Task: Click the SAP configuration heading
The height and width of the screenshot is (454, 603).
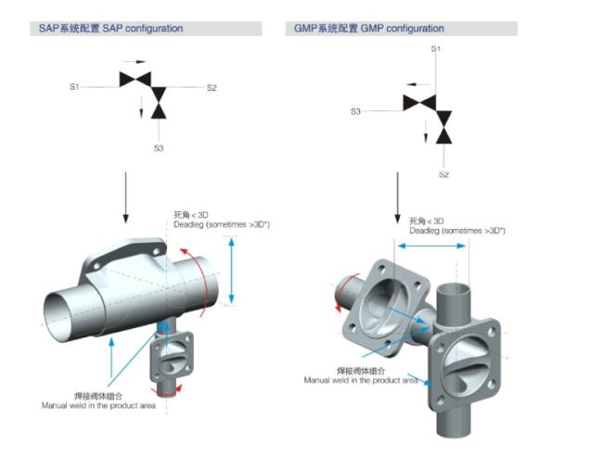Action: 110,29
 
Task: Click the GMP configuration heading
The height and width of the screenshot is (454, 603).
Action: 369,29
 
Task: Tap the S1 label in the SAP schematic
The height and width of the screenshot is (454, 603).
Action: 74,87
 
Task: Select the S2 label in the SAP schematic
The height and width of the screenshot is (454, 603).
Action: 212,88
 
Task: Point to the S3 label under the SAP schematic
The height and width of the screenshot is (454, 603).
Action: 159,148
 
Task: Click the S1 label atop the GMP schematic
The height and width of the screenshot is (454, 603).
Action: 436,49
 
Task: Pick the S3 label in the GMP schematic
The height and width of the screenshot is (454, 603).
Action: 355,111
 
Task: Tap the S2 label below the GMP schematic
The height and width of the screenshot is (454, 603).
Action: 443,174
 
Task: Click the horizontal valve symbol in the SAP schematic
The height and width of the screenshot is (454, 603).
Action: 135,80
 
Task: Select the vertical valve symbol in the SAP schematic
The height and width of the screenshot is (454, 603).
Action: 159,103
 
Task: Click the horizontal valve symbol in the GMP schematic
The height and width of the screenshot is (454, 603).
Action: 419,103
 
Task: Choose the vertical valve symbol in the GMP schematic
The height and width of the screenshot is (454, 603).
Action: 443,127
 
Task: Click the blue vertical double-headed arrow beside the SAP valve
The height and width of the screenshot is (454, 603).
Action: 231,271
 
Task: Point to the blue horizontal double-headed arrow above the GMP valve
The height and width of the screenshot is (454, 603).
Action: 431,246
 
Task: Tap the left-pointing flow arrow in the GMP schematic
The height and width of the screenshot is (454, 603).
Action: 418,84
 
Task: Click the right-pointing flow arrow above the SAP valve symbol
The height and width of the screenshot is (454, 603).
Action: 135,61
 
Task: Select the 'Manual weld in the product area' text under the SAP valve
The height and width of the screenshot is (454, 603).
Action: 98,405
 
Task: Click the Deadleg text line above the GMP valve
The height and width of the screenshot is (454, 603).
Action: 457,231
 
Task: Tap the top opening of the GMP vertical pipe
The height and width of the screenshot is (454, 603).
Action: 454,288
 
